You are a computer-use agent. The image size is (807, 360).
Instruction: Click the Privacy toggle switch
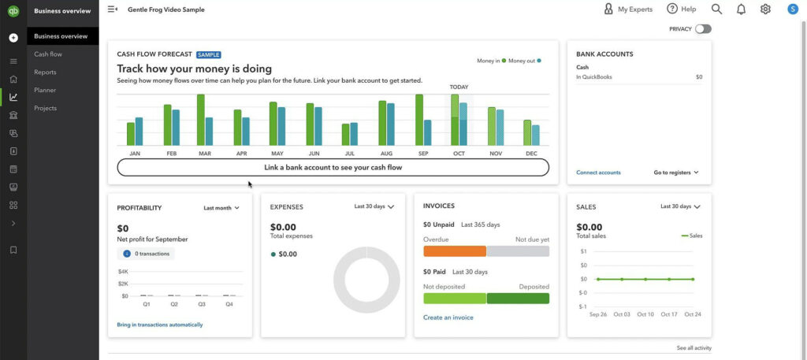click(702, 29)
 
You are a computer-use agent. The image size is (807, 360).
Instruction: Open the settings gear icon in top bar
click(765, 9)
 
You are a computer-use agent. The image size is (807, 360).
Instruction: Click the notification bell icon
click(741, 9)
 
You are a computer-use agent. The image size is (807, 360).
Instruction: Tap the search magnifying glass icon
click(716, 9)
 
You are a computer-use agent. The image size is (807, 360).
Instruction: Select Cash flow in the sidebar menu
click(48, 54)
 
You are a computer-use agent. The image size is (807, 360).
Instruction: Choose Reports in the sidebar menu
click(45, 72)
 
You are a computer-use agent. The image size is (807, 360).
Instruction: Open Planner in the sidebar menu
click(45, 90)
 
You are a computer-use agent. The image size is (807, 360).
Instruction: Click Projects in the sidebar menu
click(45, 108)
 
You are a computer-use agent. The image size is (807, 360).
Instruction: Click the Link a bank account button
click(333, 167)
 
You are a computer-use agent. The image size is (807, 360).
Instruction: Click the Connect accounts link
click(598, 173)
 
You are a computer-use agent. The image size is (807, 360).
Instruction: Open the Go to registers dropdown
click(676, 173)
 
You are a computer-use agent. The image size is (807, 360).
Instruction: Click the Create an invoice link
click(448, 317)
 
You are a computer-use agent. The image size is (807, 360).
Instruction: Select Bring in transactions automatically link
click(159, 325)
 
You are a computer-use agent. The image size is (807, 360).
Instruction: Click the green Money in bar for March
click(201, 120)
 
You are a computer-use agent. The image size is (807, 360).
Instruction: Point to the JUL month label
click(350, 154)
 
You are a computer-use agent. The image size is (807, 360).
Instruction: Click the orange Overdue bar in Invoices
click(454, 251)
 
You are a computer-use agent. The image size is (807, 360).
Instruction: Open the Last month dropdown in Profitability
click(221, 208)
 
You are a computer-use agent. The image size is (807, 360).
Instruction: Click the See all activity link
click(694, 348)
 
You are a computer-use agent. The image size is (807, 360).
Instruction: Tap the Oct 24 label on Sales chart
click(693, 314)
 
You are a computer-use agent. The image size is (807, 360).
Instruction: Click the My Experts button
click(629, 9)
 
